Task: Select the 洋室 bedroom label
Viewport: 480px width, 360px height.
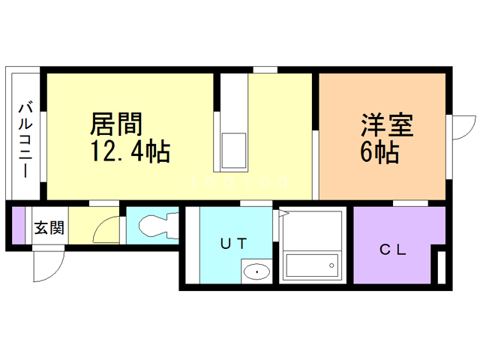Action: pos(388,124)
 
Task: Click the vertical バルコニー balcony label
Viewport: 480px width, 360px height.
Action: pos(25,139)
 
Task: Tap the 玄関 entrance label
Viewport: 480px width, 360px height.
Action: pos(49,226)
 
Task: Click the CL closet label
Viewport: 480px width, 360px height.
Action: pos(391,250)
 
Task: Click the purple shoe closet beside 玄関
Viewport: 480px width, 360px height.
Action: pos(18,224)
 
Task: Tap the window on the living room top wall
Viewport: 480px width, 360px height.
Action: pos(264,70)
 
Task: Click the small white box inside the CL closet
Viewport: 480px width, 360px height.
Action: pos(442,267)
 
